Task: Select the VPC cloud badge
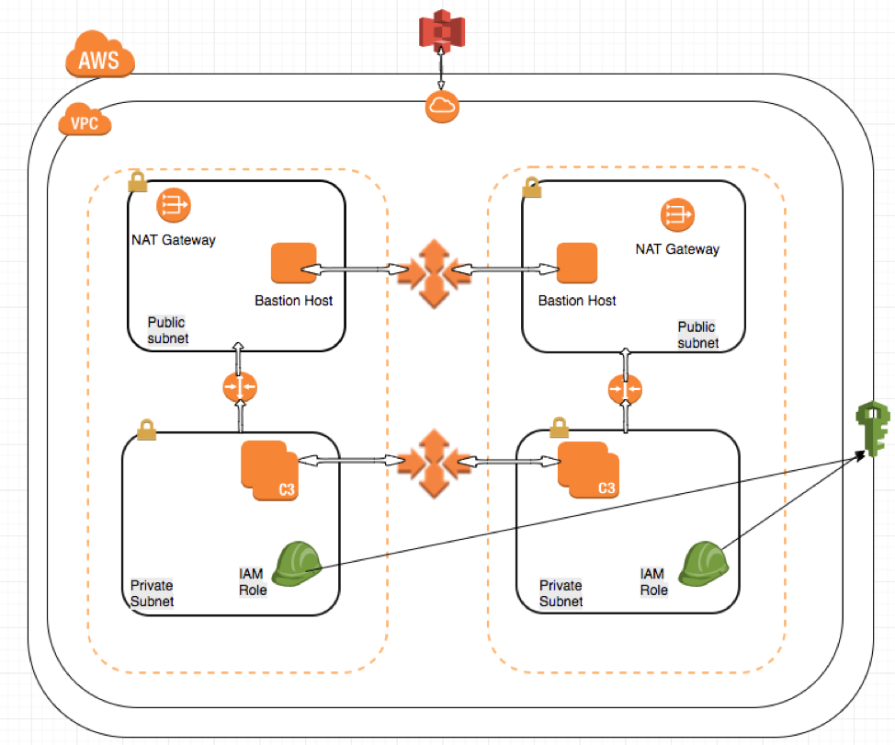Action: click(85, 121)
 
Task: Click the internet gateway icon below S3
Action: click(442, 108)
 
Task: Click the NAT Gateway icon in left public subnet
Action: click(172, 206)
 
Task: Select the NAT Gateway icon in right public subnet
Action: click(677, 215)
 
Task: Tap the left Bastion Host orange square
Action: click(293, 265)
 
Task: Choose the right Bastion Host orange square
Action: click(576, 265)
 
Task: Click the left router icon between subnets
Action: click(239, 389)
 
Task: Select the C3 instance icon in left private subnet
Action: click(268, 471)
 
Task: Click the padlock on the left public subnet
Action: click(137, 181)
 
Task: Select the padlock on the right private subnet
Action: click(558, 428)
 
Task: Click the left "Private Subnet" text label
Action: click(151, 593)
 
